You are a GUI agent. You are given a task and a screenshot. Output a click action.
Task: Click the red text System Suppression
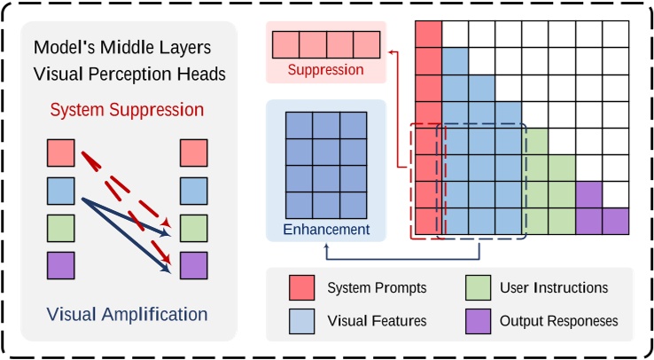pyautogui.click(x=127, y=110)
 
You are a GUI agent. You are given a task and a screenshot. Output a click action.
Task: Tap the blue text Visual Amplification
pyautogui.click(x=127, y=314)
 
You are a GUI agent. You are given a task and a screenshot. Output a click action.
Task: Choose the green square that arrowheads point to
pyautogui.click(x=193, y=228)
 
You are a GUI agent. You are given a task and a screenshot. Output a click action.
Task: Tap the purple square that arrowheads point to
pyautogui.click(x=193, y=265)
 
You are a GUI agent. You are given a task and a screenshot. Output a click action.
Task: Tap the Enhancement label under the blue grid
pyautogui.click(x=326, y=230)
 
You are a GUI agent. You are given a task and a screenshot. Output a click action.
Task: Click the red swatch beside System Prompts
pyautogui.click(x=300, y=288)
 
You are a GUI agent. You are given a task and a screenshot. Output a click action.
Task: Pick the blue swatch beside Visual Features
pyautogui.click(x=300, y=320)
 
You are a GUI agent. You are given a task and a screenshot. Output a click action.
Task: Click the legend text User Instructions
pyautogui.click(x=554, y=288)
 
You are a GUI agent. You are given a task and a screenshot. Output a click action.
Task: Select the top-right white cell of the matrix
pyautogui.click(x=616, y=34)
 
